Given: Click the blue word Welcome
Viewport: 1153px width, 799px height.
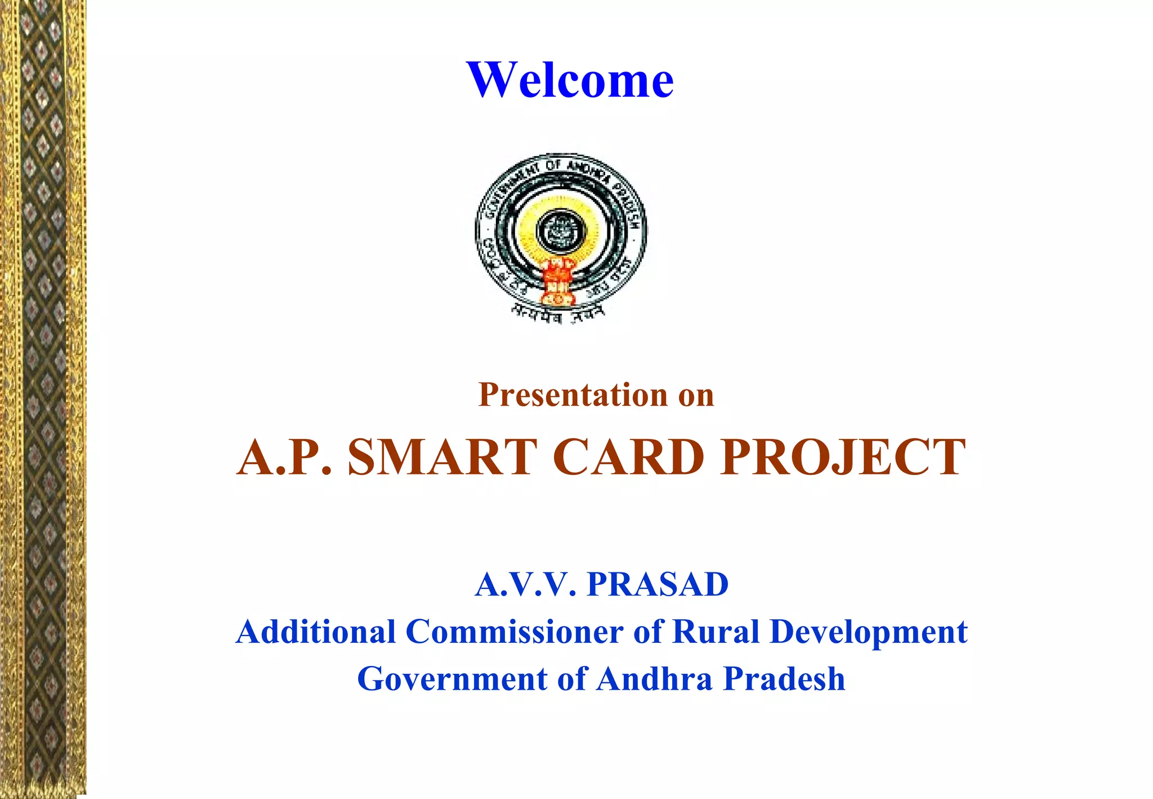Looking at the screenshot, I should pyautogui.click(x=570, y=79).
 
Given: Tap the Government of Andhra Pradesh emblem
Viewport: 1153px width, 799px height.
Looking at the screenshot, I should pyautogui.click(x=561, y=237).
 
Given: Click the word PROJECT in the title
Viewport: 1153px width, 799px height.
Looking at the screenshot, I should pyautogui.click(x=843, y=457).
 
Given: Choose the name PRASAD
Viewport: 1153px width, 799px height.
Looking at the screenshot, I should pyautogui.click(x=658, y=584).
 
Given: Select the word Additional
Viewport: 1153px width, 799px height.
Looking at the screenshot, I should pyautogui.click(x=316, y=632).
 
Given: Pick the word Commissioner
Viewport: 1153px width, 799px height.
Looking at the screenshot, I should pyautogui.click(x=514, y=632).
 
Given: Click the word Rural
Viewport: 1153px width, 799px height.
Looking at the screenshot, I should pyautogui.click(x=717, y=632).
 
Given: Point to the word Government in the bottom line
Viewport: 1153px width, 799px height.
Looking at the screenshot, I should pyautogui.click(x=453, y=679).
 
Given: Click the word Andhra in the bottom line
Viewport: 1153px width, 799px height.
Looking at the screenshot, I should pyautogui.click(x=655, y=679).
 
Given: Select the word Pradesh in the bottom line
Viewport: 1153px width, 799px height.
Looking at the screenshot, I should pyautogui.click(x=784, y=679).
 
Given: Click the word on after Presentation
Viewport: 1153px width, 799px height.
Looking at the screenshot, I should pyautogui.click(x=696, y=395).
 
